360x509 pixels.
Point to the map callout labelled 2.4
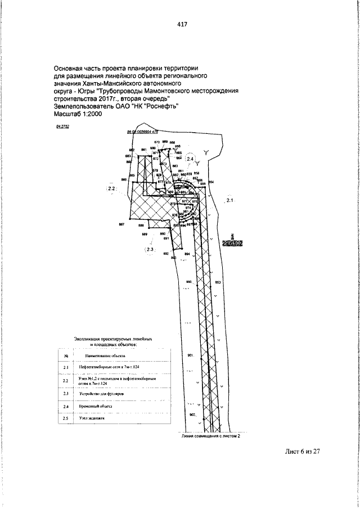190,159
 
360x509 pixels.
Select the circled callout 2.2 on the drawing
111,188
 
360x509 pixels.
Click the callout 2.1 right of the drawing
229,200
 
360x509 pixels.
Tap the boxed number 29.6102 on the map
232,243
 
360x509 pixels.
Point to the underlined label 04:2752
62,128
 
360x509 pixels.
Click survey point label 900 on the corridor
189,282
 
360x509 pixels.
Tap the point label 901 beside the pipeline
190,355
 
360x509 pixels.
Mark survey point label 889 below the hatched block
145,233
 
